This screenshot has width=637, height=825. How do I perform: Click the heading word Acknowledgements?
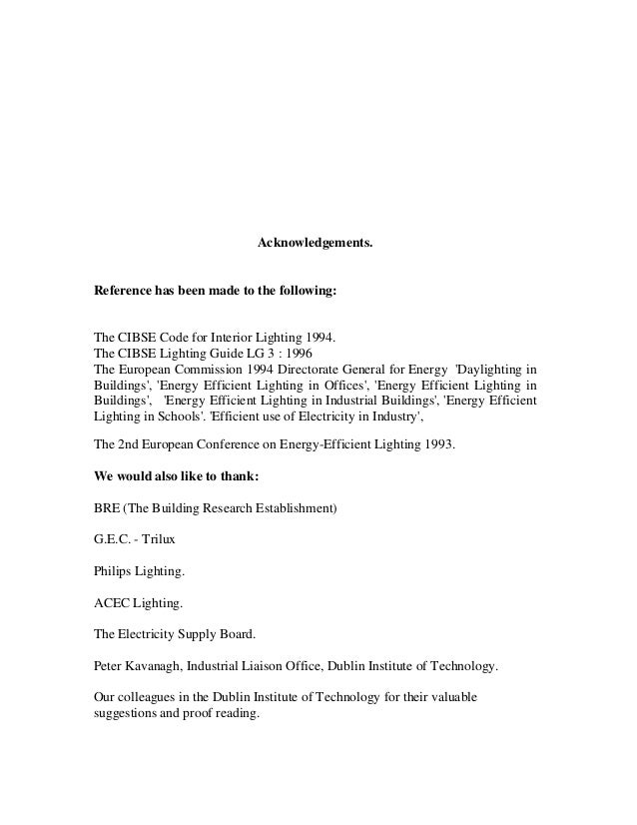[x=316, y=243]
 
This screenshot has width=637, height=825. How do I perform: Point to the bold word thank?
[x=238, y=476]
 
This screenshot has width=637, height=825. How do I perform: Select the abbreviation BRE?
[x=107, y=508]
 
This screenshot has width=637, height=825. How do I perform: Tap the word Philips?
[x=113, y=572]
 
